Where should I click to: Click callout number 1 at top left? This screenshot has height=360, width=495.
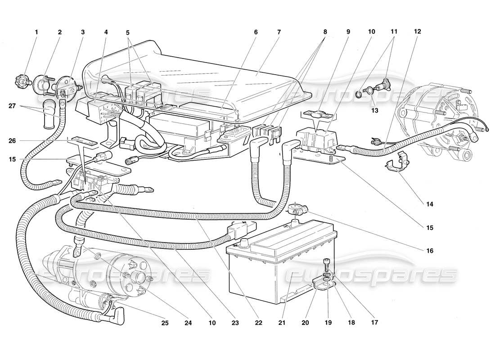pyautogui.click(x=36, y=32)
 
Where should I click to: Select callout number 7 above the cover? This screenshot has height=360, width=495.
pyautogui.click(x=279, y=32)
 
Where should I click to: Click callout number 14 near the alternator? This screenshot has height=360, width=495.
pyautogui.click(x=429, y=204)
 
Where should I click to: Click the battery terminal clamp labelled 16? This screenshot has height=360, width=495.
pyautogui.click(x=297, y=210)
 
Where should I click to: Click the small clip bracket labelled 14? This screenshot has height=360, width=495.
pyautogui.click(x=397, y=165)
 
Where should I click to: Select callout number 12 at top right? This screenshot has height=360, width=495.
pyautogui.click(x=418, y=32)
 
